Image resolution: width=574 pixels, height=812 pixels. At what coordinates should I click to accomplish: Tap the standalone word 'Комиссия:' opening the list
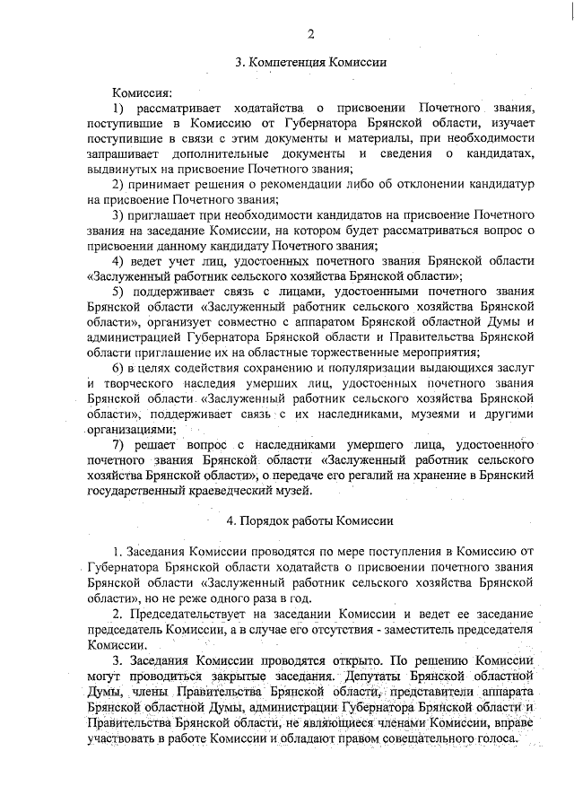click(x=141, y=92)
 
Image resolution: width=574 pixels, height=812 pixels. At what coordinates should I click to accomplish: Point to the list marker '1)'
click(x=118, y=108)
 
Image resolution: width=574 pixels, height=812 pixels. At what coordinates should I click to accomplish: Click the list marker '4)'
click(x=118, y=261)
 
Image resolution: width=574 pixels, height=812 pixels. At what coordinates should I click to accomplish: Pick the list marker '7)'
click(x=118, y=445)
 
